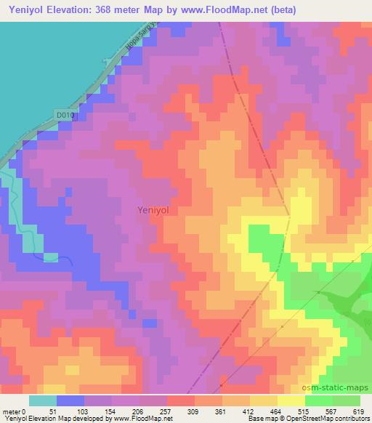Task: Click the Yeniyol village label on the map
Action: pos(152,210)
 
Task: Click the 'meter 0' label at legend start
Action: pos(15,412)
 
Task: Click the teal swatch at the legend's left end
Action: pos(43,400)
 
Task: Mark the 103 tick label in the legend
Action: pos(84,412)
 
